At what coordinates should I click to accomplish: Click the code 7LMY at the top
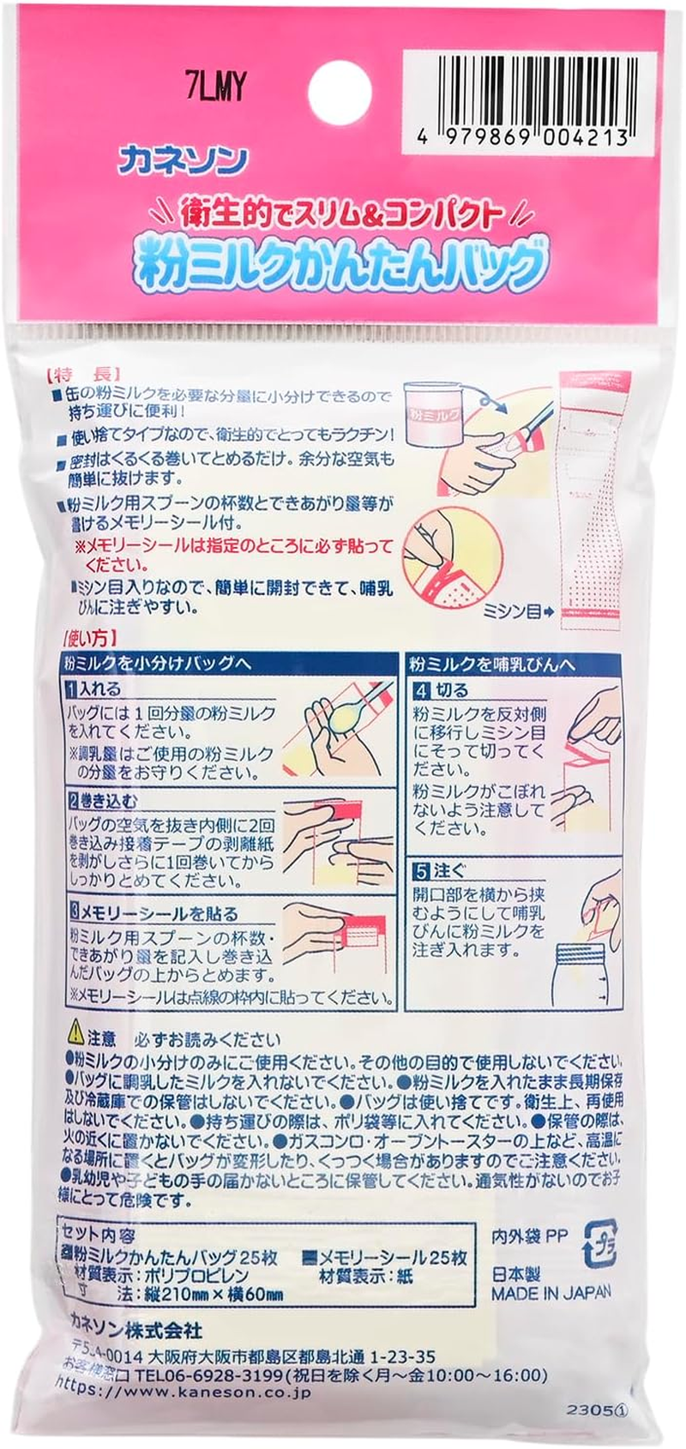click(x=215, y=86)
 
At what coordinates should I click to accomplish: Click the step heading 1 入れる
click(x=96, y=688)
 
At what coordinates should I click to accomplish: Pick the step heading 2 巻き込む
click(x=103, y=802)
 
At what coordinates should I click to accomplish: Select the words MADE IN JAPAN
click(x=551, y=1292)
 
